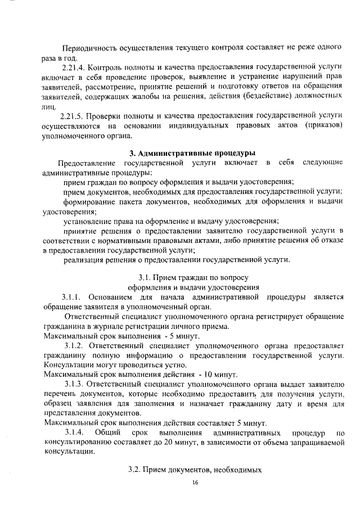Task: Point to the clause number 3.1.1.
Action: [x=73, y=297]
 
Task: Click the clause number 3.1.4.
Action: [x=74, y=434]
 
